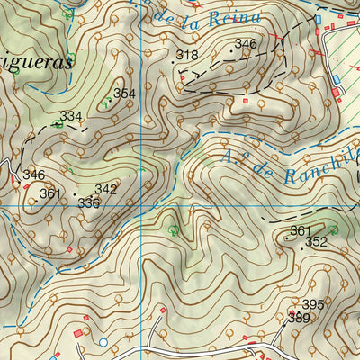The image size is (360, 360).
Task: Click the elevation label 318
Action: coord(187,56)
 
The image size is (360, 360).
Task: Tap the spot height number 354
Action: coord(124,94)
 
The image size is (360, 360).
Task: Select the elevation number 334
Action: coord(71,116)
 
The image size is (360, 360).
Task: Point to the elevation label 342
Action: coord(105,189)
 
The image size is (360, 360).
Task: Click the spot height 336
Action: coord(88,202)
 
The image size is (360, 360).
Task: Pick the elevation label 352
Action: coord(316,242)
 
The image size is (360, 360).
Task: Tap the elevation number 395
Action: coord(312,305)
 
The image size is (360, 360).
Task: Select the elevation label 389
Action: coord(299,318)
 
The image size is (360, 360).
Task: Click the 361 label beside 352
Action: coord(300,231)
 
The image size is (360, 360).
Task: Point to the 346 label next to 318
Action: coord(245,44)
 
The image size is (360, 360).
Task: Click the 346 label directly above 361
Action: coord(33,175)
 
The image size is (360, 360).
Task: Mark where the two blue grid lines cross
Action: coord(141,207)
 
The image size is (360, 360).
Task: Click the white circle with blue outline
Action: coord(103,342)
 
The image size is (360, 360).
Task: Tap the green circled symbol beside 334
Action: coord(59,125)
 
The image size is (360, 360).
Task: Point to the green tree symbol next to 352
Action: coord(333,229)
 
